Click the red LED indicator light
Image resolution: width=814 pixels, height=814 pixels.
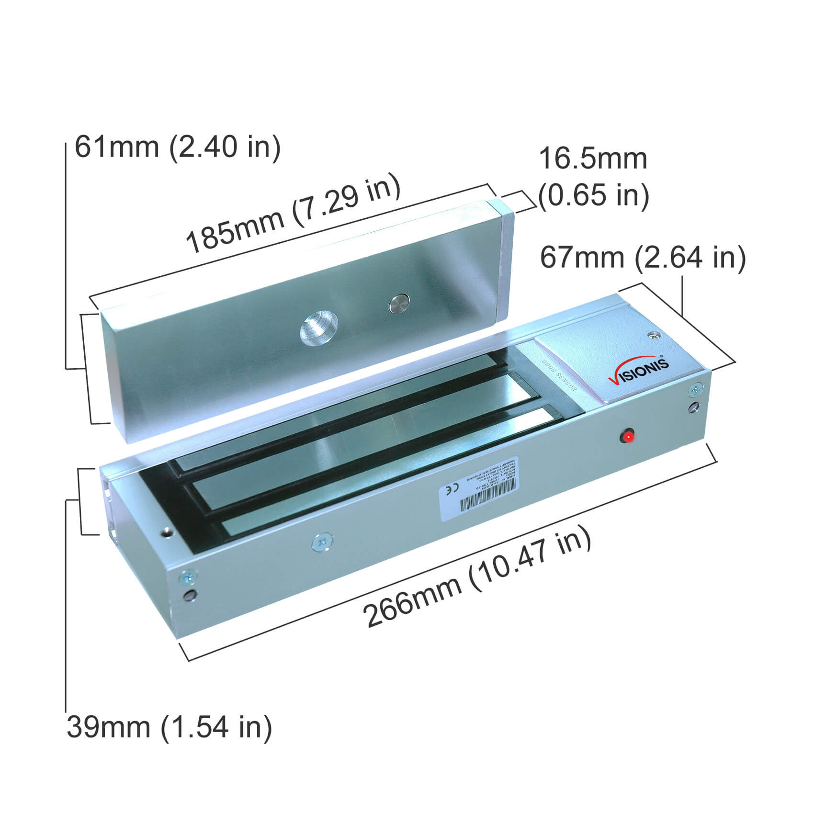(x=627, y=436)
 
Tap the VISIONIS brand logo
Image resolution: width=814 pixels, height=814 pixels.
(x=639, y=371)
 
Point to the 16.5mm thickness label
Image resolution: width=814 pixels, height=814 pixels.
(x=593, y=159)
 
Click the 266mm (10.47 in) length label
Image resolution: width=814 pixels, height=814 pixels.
(x=476, y=577)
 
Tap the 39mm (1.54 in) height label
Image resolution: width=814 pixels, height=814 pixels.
(x=169, y=726)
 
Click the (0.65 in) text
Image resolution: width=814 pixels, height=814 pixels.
(x=594, y=195)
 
